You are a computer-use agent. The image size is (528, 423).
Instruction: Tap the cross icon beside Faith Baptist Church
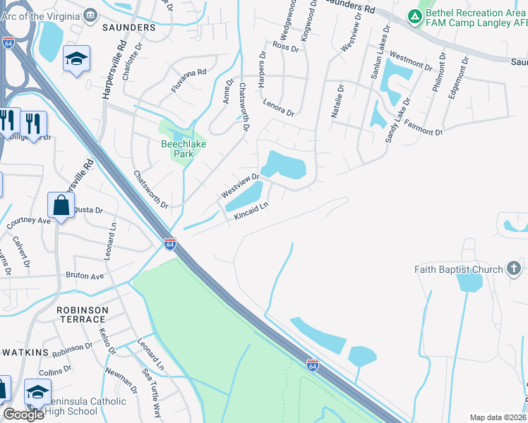coord(514,269)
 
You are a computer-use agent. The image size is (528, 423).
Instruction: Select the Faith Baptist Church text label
coord(459,269)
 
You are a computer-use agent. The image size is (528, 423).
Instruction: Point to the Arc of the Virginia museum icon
coord(90,14)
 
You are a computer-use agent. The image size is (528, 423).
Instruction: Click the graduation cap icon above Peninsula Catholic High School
coord(37,391)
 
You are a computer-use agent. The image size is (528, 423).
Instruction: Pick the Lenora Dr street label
coord(279,108)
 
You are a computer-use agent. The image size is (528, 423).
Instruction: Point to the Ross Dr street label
coord(286,47)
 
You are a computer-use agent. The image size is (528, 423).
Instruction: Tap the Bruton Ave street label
coord(85,276)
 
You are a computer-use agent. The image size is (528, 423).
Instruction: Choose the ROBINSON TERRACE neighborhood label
coord(83,314)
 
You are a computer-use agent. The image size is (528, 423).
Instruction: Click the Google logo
coord(23,415)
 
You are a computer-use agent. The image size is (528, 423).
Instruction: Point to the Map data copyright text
coord(498,417)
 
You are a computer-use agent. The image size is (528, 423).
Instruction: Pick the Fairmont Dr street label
coord(424,127)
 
